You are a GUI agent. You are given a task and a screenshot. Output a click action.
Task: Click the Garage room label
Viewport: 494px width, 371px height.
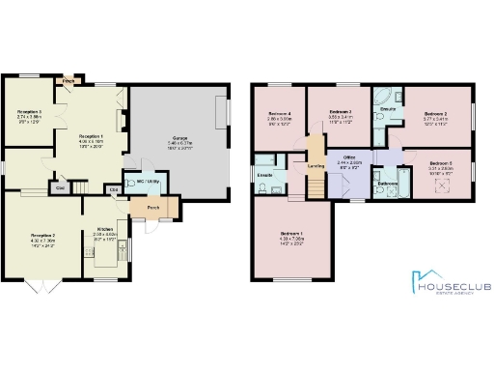tap(179, 138)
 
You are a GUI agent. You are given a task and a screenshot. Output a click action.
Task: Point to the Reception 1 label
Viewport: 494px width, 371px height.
tap(92, 137)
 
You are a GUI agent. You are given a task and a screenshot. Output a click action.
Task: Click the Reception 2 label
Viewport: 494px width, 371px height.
tap(42, 236)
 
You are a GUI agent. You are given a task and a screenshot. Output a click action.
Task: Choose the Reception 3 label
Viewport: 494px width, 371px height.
tap(29, 113)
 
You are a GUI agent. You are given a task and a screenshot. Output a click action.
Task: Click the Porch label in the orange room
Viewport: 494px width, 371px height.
tap(153, 208)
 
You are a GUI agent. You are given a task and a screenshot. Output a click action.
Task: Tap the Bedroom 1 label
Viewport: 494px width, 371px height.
tap(291, 235)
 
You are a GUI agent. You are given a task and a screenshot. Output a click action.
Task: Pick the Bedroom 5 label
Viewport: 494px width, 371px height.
tap(441, 162)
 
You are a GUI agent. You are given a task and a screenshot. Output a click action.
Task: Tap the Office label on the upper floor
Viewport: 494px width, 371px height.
tap(343, 158)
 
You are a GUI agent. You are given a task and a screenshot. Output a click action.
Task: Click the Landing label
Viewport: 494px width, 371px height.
tap(316, 165)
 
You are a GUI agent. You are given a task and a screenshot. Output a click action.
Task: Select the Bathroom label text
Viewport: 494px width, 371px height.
tap(389, 183)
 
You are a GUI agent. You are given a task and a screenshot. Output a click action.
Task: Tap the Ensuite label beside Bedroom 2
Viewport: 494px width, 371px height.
tap(389, 109)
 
